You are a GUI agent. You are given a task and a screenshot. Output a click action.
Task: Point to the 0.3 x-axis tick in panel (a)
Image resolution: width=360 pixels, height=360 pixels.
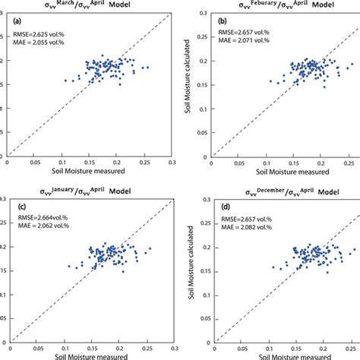(x=173, y=162)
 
